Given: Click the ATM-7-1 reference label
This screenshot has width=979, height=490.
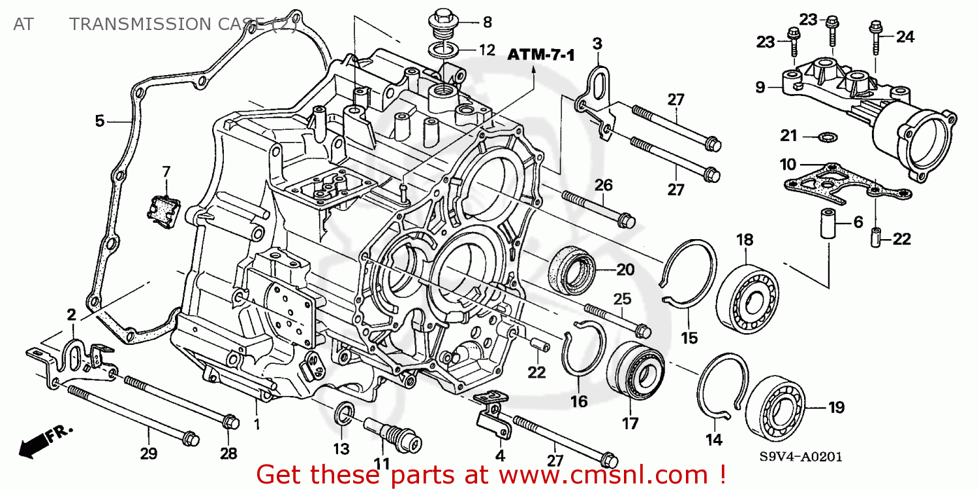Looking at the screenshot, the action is pos(540,55).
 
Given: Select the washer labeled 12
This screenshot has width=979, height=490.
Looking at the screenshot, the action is pos(443,51).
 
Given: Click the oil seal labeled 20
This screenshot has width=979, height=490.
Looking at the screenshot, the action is pos(572,270).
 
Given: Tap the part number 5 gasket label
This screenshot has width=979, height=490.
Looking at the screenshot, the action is pos(100,121).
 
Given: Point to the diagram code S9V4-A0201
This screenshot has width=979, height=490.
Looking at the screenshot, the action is pos(800,457).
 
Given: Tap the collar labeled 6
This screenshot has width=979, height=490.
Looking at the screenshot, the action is pos(828,223).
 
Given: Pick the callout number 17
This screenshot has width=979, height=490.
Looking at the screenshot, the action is pos(630,423).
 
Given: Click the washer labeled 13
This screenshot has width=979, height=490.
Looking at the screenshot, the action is pos(345,412).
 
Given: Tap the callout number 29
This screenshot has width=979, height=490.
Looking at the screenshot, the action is pos(149,453).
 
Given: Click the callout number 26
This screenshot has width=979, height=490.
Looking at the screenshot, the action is pos(604,186).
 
